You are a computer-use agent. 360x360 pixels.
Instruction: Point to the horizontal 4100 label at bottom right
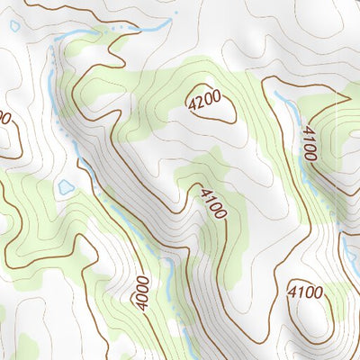click(x=305, y=292)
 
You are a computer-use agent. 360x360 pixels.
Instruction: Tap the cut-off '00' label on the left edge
click(x=4, y=118)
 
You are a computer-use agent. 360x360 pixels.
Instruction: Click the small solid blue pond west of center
click(x=66, y=187)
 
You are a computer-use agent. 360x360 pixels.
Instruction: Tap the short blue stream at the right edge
click(x=346, y=243)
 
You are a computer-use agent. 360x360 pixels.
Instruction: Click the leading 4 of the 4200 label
click(x=191, y=107)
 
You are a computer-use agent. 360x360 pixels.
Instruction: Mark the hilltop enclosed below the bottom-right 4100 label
click(x=308, y=319)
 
